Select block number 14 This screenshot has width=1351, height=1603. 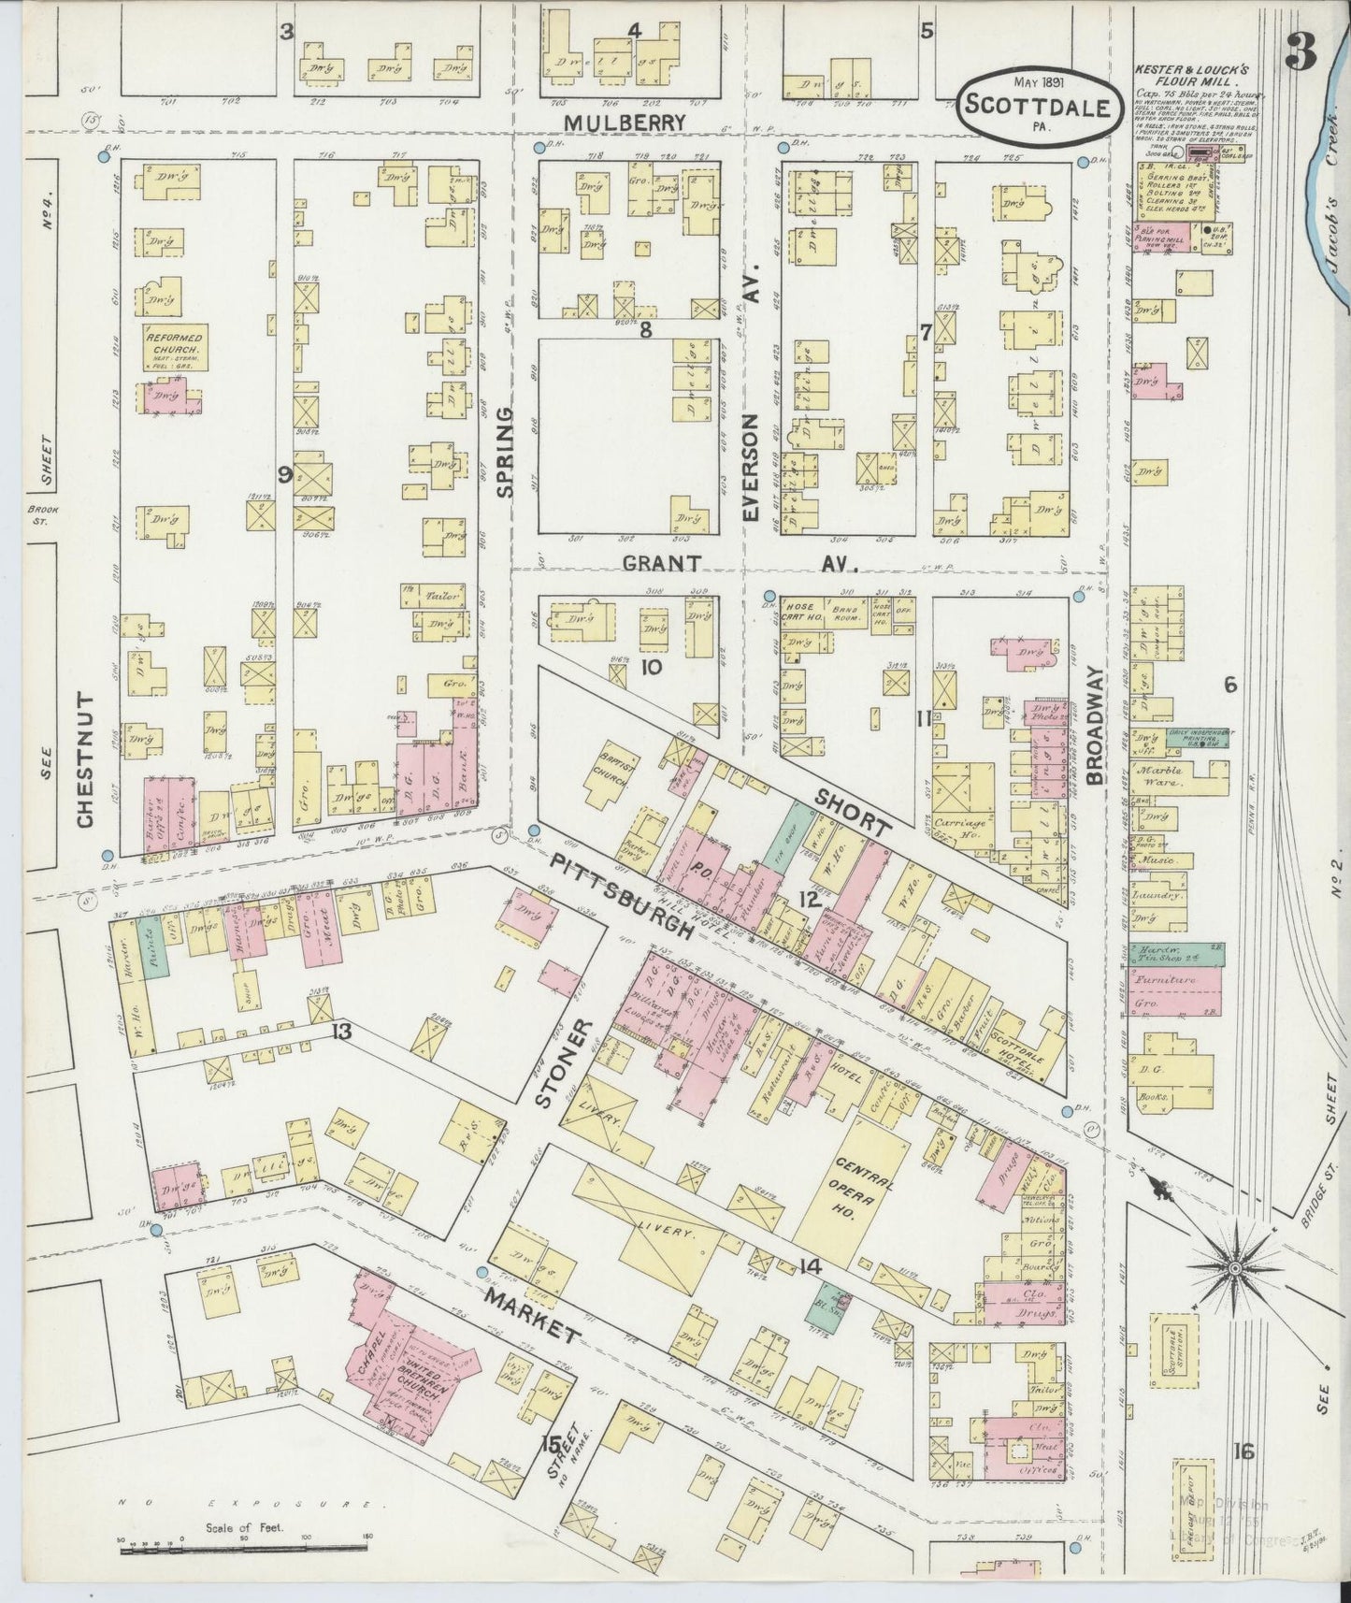[810, 1267]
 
